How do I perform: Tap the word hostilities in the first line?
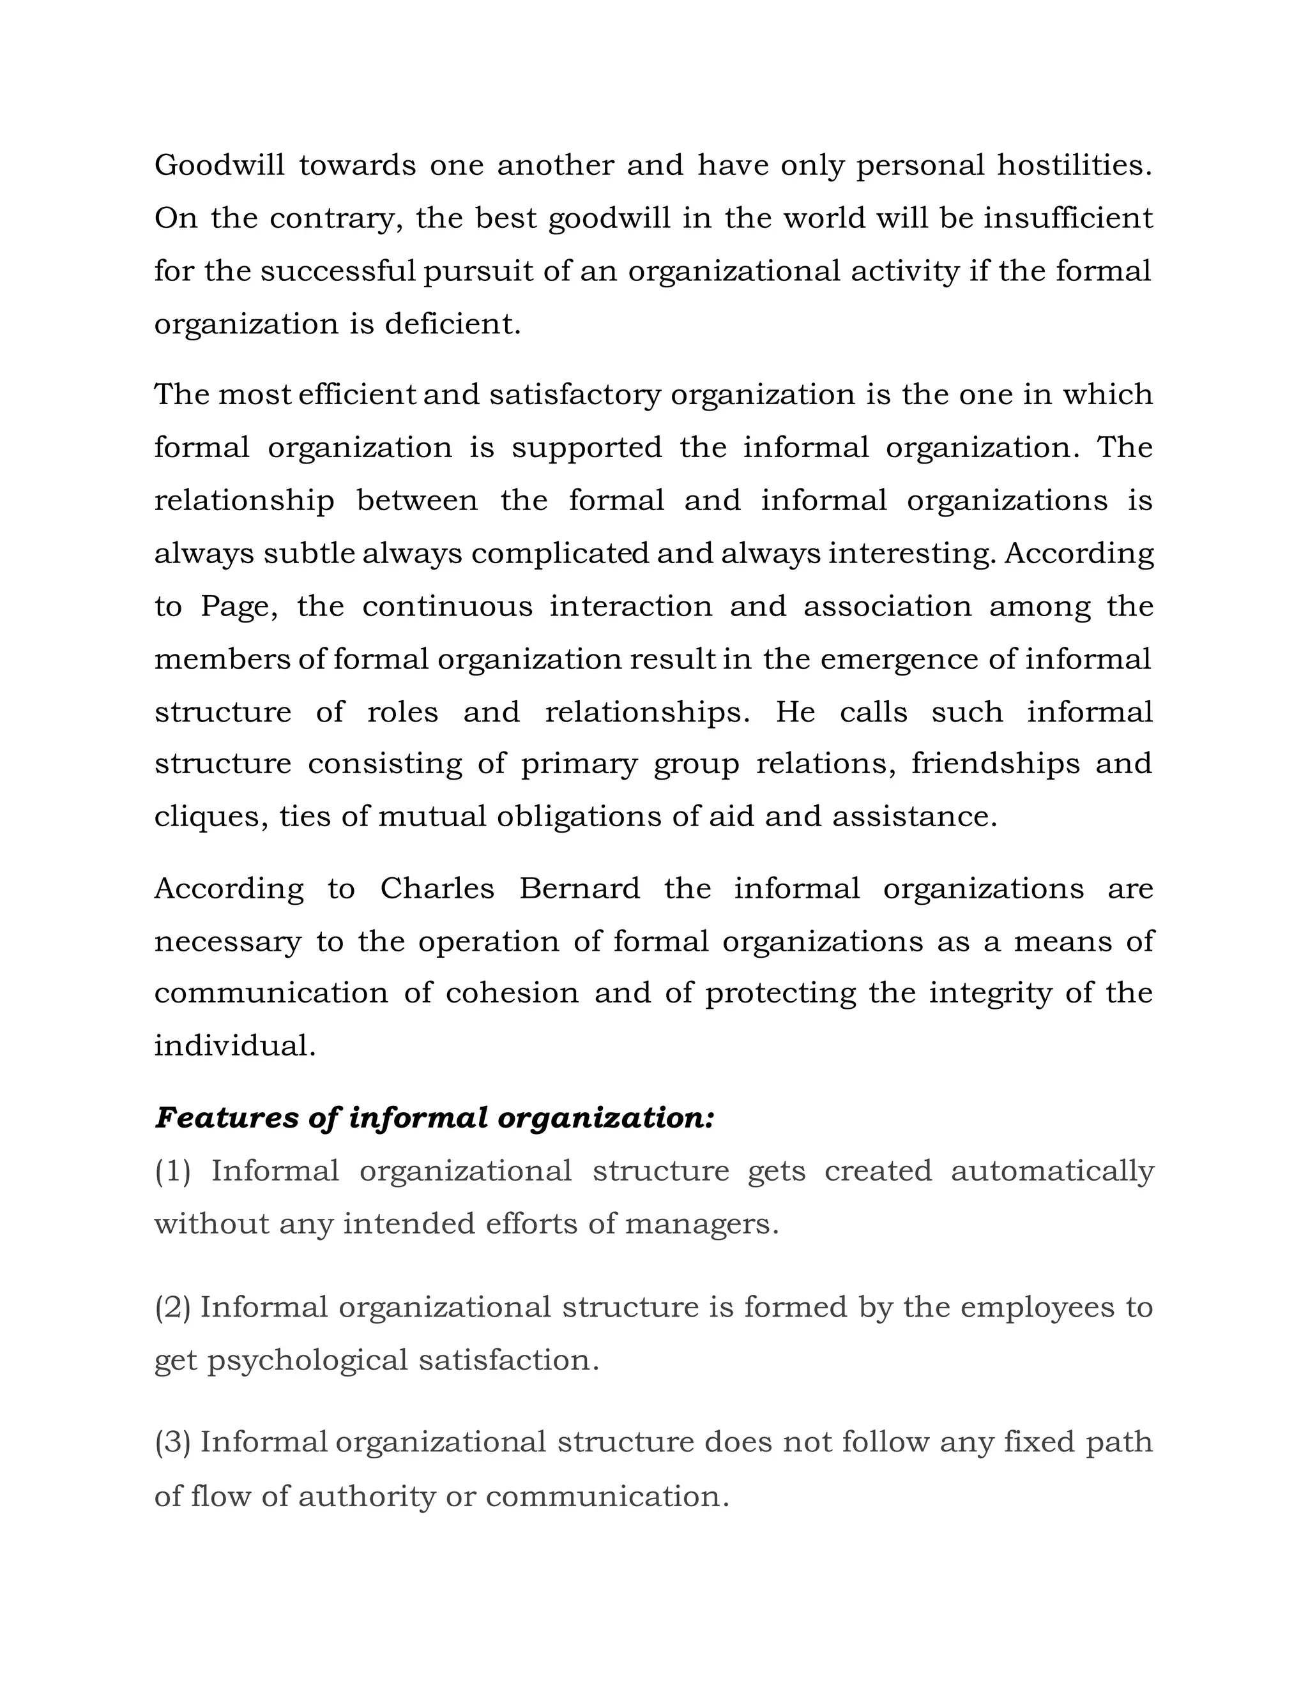pyautogui.click(x=1074, y=165)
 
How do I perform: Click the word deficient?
pyautogui.click(x=453, y=324)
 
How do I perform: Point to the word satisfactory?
pyautogui.click(x=575, y=395)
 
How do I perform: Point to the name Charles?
pyautogui.click(x=437, y=889)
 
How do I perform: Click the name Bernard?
pyautogui.click(x=580, y=889)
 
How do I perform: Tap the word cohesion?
pyautogui.click(x=512, y=994)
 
